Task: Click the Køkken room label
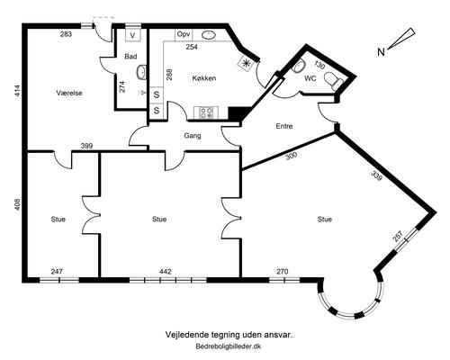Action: pos(204,78)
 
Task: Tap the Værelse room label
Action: pos(69,93)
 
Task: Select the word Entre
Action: pos(284,126)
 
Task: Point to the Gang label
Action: pos(193,136)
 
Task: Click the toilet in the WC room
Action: pos(333,79)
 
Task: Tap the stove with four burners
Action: pos(206,113)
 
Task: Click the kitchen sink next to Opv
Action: pos(209,35)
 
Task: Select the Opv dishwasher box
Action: pos(184,34)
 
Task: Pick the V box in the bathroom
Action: pos(133,35)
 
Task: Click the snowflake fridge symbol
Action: pos(246,63)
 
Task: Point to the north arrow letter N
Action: pos(381,52)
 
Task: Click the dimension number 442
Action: pos(166,272)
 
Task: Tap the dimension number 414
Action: pos(17,91)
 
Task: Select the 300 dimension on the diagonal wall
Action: pos(291,156)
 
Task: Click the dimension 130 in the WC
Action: pos(319,65)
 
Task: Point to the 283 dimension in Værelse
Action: pos(66,34)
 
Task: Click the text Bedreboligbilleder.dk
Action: pos(229,346)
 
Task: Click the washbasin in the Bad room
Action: pos(141,72)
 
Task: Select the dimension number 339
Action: pos(377,175)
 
